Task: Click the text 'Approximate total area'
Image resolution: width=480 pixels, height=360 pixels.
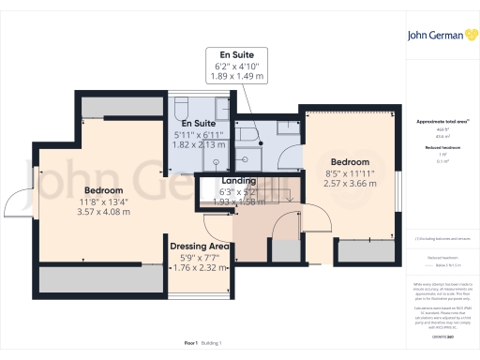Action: point(441,122)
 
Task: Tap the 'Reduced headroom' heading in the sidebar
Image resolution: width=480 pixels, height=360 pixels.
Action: point(441,147)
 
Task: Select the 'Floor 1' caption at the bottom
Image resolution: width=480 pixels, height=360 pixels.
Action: point(190,345)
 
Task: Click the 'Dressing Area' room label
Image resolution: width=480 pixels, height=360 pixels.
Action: point(201,247)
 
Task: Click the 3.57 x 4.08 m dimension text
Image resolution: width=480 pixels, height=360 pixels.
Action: point(104,212)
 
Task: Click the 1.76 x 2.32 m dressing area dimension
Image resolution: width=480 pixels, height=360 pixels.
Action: point(201,268)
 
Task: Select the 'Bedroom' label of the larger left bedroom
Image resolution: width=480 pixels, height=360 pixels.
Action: point(104,188)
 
